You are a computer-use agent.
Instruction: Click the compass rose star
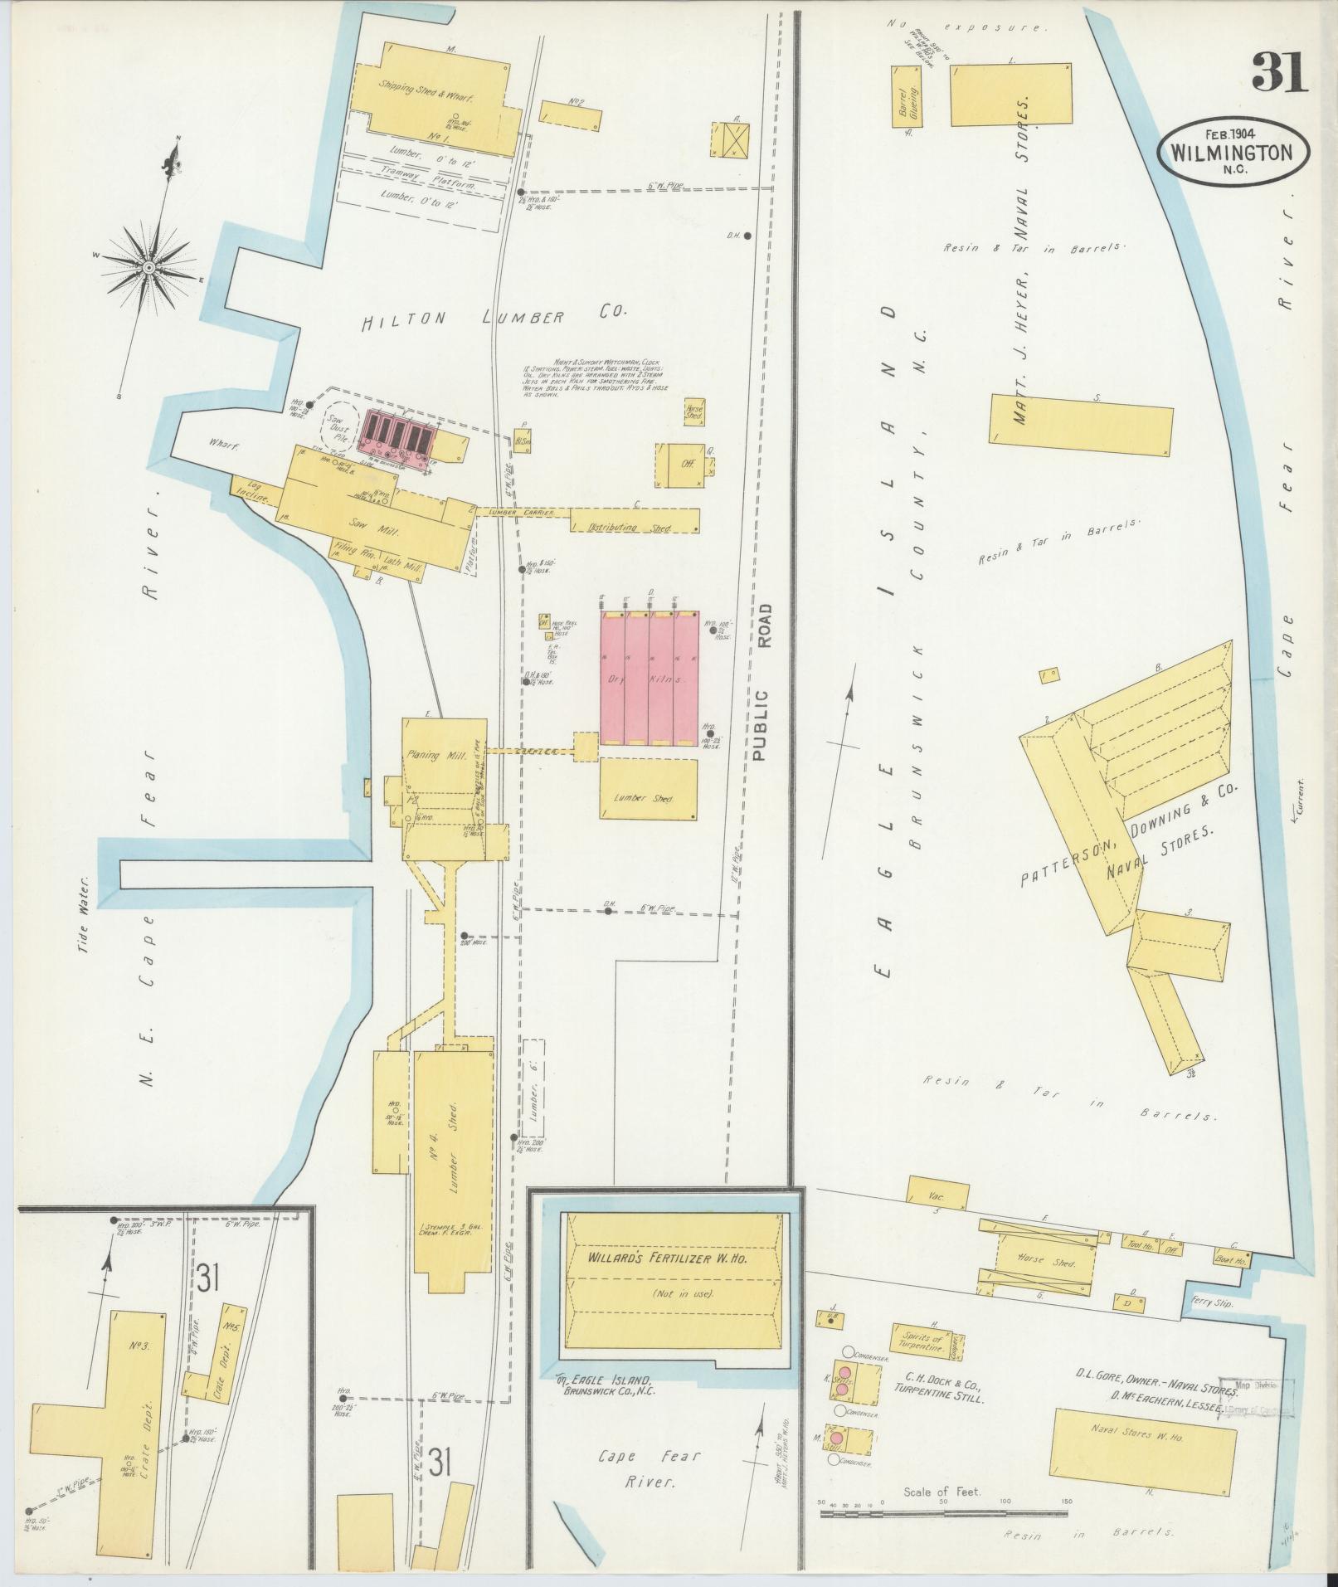click(148, 266)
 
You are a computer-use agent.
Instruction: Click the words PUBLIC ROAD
click(764, 683)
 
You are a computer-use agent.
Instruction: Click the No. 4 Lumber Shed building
click(454, 1161)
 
